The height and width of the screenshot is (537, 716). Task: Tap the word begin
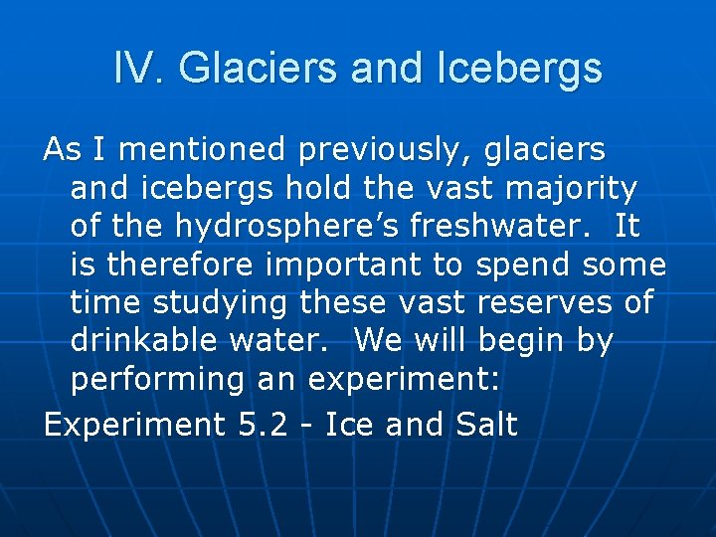(517, 342)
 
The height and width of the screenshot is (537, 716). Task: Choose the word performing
(152, 380)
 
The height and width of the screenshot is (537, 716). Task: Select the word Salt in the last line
(486, 425)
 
